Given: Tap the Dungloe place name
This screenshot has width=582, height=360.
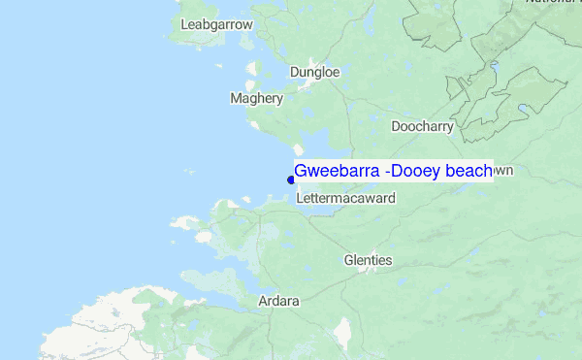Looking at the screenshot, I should [314, 72].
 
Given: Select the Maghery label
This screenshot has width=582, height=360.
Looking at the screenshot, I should [256, 98].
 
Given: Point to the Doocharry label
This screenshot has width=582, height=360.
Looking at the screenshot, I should [422, 126].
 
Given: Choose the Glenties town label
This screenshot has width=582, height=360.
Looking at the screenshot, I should [368, 260].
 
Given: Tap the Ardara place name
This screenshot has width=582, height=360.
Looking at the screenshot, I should [278, 301].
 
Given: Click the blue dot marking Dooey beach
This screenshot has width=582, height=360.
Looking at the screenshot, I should [291, 179].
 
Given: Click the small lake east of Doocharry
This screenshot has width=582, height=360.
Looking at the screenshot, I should [525, 109].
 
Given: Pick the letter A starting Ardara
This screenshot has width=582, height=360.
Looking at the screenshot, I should [263, 301].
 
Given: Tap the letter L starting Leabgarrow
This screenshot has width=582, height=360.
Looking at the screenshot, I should [184, 23].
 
